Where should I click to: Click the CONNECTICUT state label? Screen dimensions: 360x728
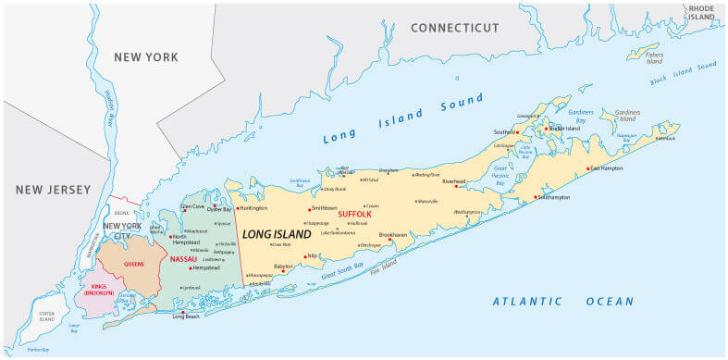point(454,28)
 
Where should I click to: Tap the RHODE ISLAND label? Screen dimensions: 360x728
point(700,12)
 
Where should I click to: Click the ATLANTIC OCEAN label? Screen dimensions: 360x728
point(562,301)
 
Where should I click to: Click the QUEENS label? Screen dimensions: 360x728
point(135,263)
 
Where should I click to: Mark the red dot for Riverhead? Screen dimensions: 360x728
point(456,186)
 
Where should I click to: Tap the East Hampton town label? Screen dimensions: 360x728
point(608,168)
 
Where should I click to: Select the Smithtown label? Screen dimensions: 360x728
point(326,208)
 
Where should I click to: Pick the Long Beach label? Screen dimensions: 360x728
point(186,317)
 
